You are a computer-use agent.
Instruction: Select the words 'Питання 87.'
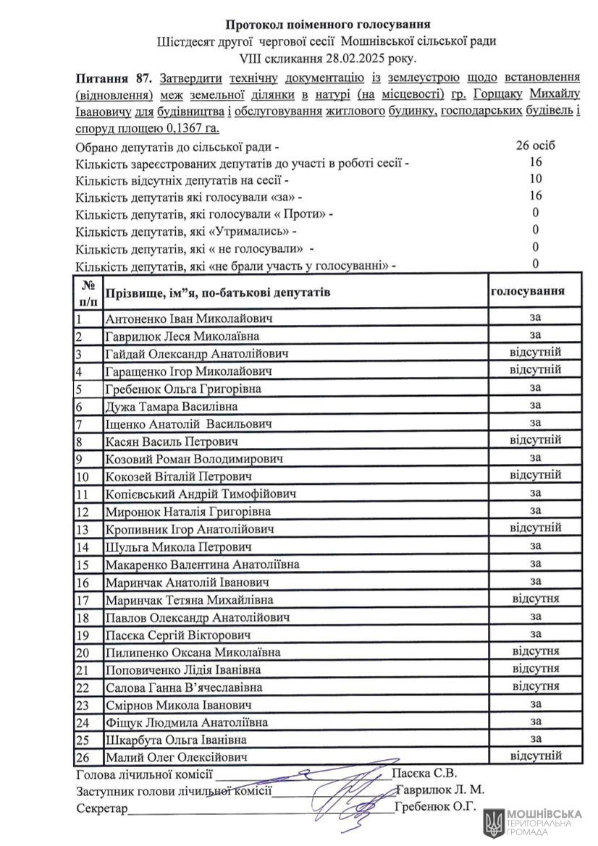click(x=112, y=78)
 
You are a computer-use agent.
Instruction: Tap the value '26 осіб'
click(x=536, y=145)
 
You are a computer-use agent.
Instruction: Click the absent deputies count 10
click(x=536, y=179)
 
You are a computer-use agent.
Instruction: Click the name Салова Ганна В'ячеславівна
click(x=184, y=687)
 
